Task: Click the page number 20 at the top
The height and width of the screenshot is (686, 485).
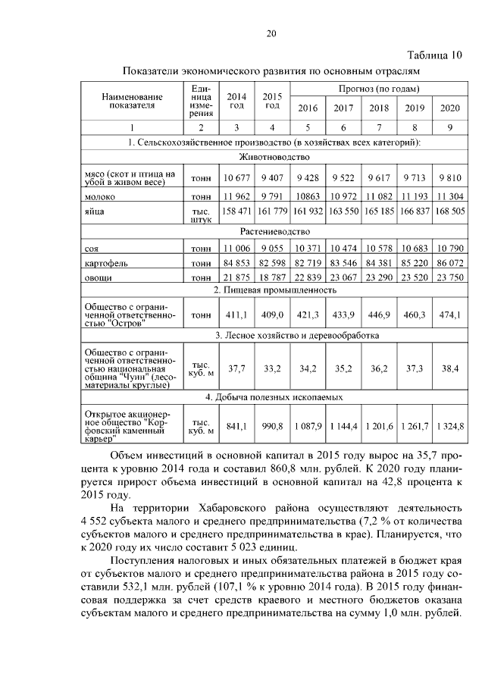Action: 271,33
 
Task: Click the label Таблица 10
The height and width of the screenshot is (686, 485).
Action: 433,55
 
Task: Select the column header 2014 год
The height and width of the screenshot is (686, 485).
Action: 236,101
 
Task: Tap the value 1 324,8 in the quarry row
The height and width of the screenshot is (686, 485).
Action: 450,426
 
